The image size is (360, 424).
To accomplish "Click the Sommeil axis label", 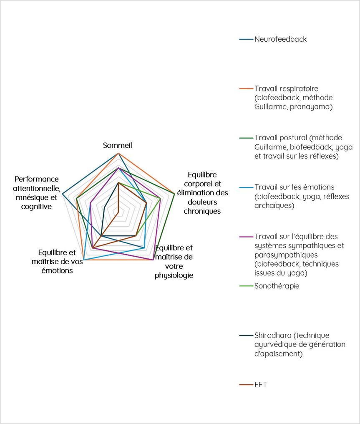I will tap(118, 145).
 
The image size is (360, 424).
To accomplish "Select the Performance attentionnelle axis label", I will tap(36, 193).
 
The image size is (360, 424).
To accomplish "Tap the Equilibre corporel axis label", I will tap(202, 192).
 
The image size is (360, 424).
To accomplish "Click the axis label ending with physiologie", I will tap(174, 262).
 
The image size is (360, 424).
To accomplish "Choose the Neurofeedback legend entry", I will tap(280, 39).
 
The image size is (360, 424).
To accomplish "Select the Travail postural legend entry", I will tap(303, 147).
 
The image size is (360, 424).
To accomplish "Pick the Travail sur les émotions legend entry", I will tap(302, 196).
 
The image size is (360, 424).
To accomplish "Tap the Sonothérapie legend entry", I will tap(277, 286).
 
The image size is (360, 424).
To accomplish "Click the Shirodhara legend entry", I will tap(300, 344).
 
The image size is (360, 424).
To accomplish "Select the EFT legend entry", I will tap(260, 384).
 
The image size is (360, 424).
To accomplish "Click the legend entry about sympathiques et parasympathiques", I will tap(299, 255).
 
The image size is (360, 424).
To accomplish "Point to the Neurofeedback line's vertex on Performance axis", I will tap(62, 194).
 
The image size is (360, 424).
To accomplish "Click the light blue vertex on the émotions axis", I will tap(84, 260).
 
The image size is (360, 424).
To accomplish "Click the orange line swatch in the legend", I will tap(246, 88).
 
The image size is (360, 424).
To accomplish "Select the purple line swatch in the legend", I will tap(246, 236).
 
